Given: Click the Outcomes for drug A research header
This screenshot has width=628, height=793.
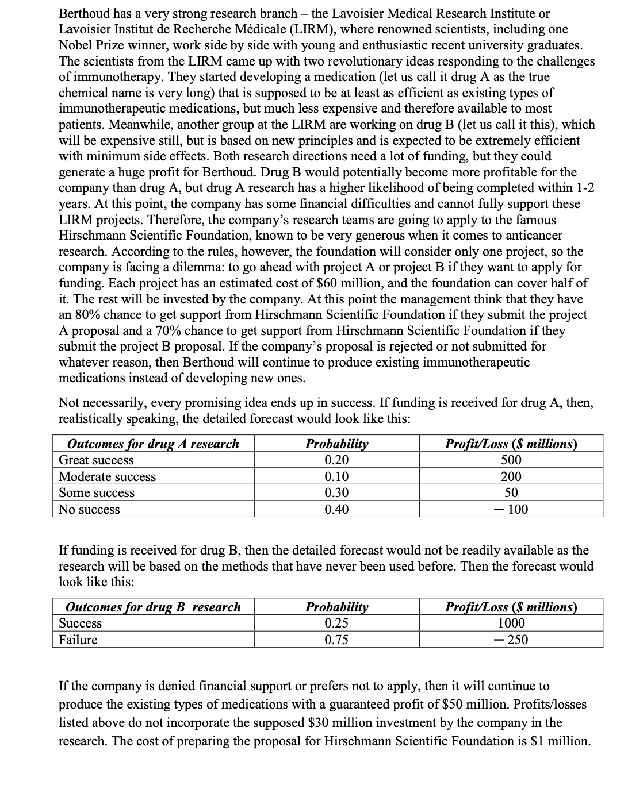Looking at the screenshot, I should [x=153, y=444].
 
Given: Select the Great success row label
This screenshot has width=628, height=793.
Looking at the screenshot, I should [x=96, y=460].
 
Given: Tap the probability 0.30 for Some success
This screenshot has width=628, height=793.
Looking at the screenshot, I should [x=336, y=493].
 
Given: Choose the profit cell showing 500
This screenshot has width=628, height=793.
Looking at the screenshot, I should [x=511, y=460].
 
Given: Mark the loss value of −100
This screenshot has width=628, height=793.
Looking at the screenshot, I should [x=511, y=510].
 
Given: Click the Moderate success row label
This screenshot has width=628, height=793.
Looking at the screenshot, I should [x=107, y=477].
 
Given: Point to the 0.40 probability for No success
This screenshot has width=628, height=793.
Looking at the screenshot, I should [x=336, y=510].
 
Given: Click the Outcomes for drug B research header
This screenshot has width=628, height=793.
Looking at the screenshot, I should [x=153, y=607].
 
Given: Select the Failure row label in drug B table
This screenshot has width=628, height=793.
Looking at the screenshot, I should [x=78, y=640].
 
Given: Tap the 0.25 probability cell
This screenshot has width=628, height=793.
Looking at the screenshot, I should [x=336, y=623].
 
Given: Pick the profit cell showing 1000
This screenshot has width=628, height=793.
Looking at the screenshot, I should [x=511, y=623].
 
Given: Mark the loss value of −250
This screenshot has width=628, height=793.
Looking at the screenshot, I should [x=511, y=640].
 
